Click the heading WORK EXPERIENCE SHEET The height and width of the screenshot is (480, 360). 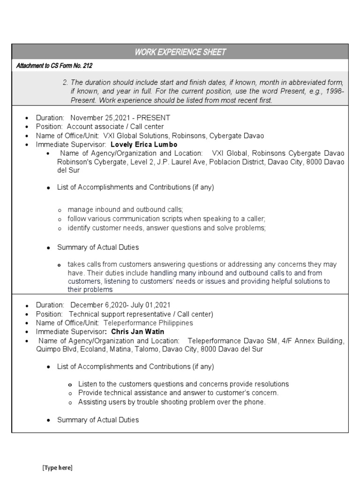tap(180, 52)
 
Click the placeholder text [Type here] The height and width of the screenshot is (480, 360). tap(58, 468)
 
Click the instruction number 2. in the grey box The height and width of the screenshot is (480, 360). tap(66, 82)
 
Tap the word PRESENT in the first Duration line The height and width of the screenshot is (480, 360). tap(153, 118)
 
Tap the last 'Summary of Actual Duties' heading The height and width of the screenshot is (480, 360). tap(98, 420)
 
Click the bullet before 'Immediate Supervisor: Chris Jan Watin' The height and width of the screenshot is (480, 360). tap(27, 332)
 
